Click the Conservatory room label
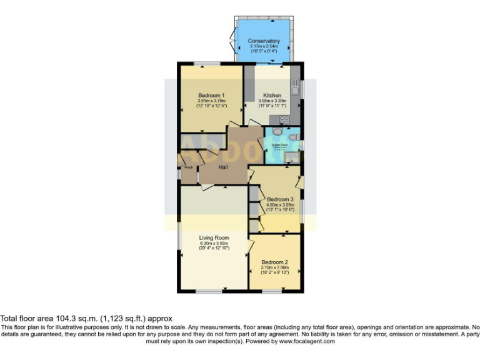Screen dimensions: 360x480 click(264, 41)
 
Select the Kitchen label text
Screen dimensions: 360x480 click(272, 96)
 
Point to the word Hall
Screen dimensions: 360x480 click(222, 167)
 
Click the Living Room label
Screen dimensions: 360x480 click(214, 237)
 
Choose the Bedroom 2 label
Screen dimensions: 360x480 click(274, 261)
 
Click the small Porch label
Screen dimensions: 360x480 click(187, 167)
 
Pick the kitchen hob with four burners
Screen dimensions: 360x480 click(284, 119)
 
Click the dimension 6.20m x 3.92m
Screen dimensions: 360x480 click(214, 243)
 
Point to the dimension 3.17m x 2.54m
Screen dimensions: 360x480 click(264, 47)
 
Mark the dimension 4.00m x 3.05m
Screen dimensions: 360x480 click(275, 206)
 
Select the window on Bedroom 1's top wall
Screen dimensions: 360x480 click(206, 64)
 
